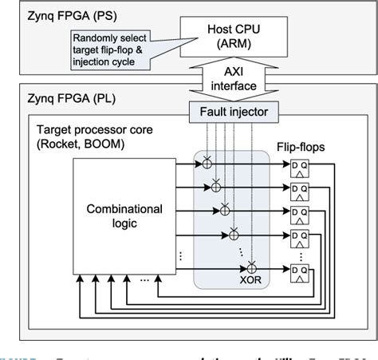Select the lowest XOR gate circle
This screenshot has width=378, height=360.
[253, 265]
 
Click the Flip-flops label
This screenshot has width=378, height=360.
[302, 148]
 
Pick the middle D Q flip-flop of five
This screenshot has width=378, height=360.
[300, 215]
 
